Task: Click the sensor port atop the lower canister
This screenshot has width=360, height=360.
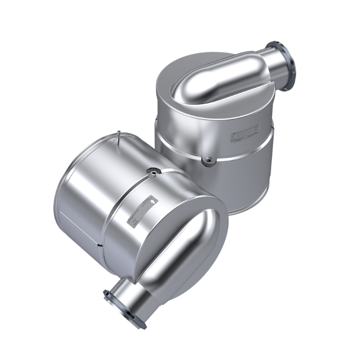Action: [x=152, y=169]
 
